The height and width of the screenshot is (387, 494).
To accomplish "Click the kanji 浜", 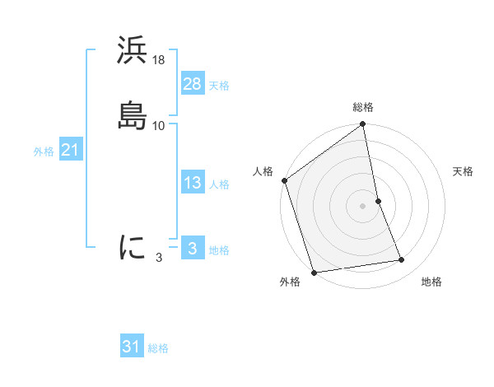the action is tap(132, 51).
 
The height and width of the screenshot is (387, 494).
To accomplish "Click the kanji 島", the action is tap(132, 116).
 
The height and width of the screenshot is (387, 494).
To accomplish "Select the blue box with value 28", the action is tap(192, 84).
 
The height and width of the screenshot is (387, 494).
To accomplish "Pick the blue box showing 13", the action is tap(192, 183).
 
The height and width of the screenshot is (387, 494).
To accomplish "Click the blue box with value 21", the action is tap(70, 150).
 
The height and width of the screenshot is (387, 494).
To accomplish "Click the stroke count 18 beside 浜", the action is tap(159, 60).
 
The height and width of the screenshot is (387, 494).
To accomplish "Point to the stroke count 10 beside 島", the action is tap(159, 126).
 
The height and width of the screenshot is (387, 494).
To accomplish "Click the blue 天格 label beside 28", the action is tap(219, 86).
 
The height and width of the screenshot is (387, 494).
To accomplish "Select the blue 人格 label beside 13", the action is tap(219, 184).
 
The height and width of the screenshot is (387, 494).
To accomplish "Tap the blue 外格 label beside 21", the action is tap(44, 152).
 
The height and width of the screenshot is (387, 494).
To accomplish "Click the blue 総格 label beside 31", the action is tap(158, 349).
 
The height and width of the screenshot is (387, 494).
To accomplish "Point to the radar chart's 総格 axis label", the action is tap(363, 107).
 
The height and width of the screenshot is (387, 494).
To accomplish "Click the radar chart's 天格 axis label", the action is tap(463, 171).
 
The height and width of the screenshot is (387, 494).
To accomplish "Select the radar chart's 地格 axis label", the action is tap(431, 282).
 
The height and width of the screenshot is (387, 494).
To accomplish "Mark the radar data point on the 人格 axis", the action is tap(284, 180).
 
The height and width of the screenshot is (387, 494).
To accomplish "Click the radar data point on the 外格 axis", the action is tap(314, 272).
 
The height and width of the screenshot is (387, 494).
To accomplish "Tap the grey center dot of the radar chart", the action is tap(363, 206).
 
